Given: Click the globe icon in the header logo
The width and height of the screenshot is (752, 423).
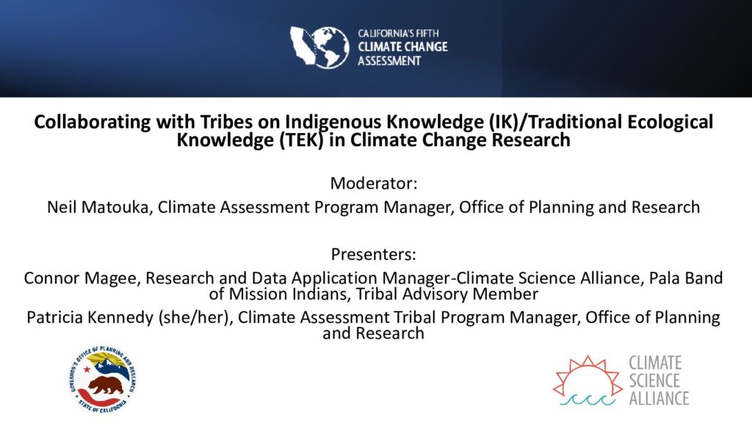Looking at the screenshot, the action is (330, 47).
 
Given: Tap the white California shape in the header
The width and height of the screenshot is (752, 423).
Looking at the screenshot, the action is (302, 45).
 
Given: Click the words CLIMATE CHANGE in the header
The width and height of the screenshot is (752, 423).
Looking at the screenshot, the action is (403, 47).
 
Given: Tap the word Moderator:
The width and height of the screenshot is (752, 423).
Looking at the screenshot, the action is (374, 183).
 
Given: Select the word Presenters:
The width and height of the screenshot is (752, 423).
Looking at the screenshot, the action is (374, 254).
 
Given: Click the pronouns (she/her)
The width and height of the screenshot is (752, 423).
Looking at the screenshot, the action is (195, 317).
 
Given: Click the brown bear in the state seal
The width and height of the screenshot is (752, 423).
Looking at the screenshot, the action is (106, 385).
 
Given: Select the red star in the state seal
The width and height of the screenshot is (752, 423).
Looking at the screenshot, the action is (87, 370).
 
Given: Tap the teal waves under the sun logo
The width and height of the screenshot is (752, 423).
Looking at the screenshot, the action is (587, 400).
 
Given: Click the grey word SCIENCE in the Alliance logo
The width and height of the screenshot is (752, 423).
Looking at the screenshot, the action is (654, 381).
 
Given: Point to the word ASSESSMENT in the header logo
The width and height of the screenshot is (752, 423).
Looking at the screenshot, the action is (389, 61).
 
